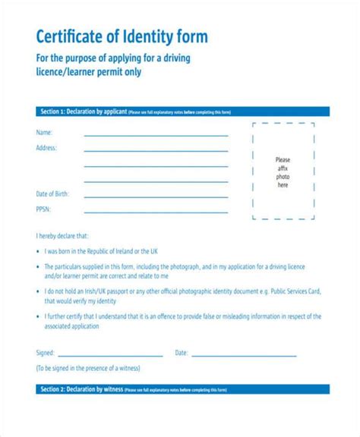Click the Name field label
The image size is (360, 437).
(44, 134)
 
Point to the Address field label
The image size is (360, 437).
(46, 148)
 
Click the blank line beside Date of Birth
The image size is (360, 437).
(156, 196)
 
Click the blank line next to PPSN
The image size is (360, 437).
(156, 212)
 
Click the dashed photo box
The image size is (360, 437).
(283, 172)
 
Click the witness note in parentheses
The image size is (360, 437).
(94, 368)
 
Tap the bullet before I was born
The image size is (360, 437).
(39, 250)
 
